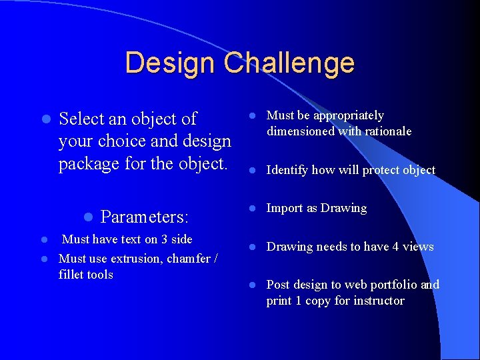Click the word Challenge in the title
pyautogui.click(x=289, y=63)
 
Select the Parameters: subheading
pyautogui.click(x=145, y=217)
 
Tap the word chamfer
pyautogui.click(x=187, y=259)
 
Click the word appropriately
pyautogui.click(x=349, y=116)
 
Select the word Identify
pyautogui.click(x=287, y=170)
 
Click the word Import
pyautogui.click(x=285, y=208)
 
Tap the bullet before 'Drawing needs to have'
pyautogui.click(x=253, y=247)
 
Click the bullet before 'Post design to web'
pyautogui.click(x=253, y=285)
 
